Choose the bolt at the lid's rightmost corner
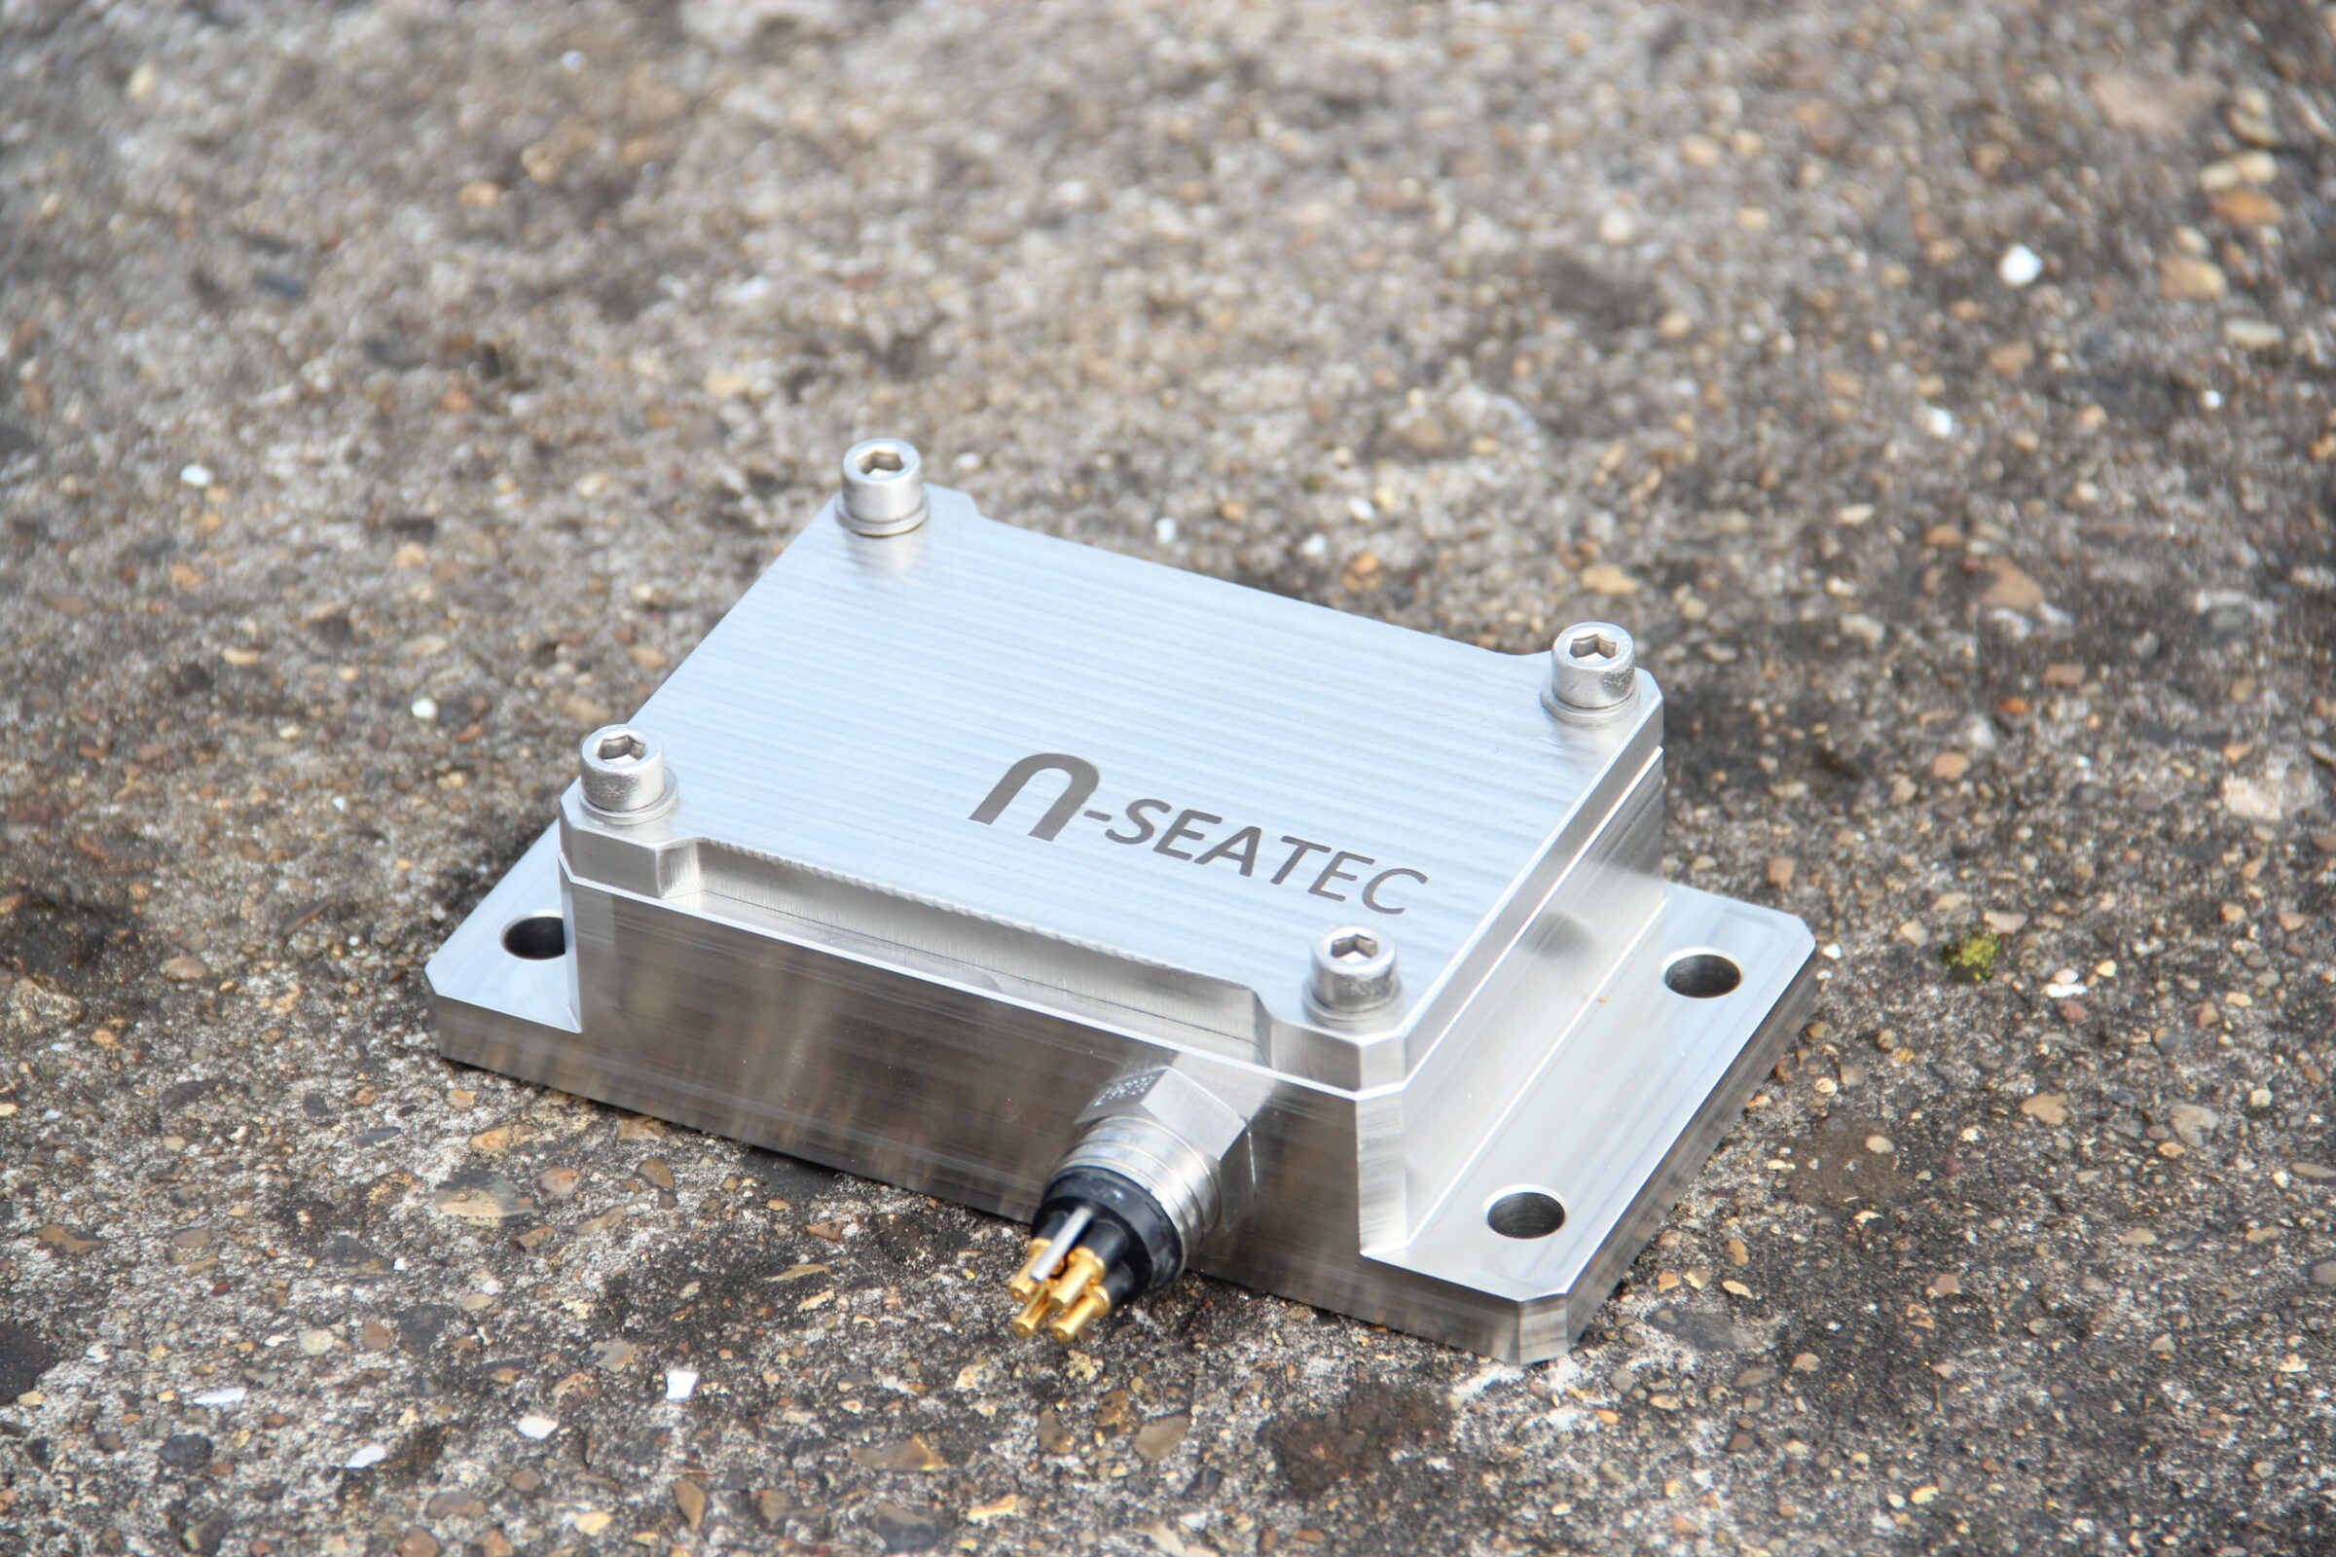click(1593, 664)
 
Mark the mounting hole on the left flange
click(533, 936)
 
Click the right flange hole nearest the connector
click(1525, 1213)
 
